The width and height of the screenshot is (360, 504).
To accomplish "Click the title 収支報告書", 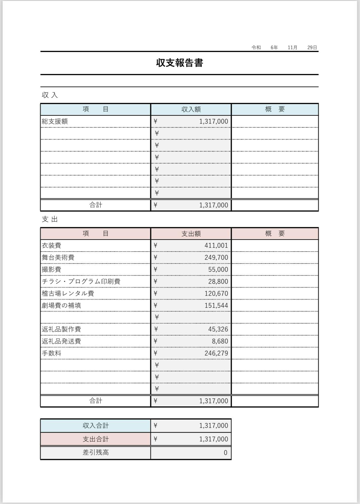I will pos(179,63).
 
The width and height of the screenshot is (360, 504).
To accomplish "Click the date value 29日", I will pos(312,47).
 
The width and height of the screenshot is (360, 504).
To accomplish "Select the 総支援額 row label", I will pos(55,121).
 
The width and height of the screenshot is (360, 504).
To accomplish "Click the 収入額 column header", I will pos(191,109).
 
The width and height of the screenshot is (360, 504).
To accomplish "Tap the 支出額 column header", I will pos(191,234).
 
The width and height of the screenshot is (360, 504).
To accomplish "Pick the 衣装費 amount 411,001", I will pos(216,246).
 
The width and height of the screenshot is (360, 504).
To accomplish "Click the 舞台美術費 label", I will pos(58,257).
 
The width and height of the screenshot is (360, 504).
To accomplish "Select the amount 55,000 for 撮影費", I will pos(218,269).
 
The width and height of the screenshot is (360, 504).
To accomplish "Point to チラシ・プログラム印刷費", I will pos(81,281).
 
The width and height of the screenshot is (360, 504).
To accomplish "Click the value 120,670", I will pos(216,293).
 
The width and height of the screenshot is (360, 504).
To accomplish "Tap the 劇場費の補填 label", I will pos(62,305).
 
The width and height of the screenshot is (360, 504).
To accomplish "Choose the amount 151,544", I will pos(216,305).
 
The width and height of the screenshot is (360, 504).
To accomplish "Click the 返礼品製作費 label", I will pos(62,329).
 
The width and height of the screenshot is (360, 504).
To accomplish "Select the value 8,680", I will pos(220,341).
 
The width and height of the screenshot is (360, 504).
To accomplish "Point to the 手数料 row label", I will pos(52,353).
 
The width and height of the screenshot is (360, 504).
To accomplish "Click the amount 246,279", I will pos(216,353).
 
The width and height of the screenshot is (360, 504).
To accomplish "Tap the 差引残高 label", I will pos(95,453).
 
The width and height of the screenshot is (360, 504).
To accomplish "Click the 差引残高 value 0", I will pos(225,453).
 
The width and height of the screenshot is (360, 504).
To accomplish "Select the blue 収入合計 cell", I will pos(95,426).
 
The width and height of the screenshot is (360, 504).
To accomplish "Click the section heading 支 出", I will pos(50,219).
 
